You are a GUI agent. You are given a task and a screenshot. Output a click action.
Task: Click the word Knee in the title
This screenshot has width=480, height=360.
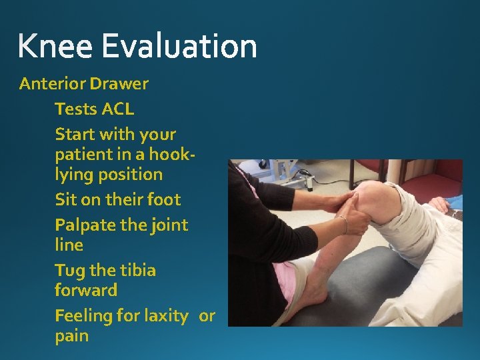(55, 47)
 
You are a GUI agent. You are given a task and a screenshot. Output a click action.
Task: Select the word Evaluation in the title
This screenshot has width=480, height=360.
(179, 47)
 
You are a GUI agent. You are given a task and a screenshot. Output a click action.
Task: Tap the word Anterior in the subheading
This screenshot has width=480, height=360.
(52, 84)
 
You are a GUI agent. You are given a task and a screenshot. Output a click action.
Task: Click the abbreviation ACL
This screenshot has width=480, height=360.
(117, 109)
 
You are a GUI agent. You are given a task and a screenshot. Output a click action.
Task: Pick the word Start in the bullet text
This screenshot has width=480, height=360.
(74, 134)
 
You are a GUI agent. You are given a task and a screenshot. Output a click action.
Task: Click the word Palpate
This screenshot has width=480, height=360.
(85, 226)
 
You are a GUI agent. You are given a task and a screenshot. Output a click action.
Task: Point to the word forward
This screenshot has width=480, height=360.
(86, 291)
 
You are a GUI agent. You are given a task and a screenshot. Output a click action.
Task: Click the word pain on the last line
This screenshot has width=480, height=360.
(71, 336)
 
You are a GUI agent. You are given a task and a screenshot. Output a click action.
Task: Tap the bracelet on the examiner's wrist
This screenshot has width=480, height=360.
(344, 223)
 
